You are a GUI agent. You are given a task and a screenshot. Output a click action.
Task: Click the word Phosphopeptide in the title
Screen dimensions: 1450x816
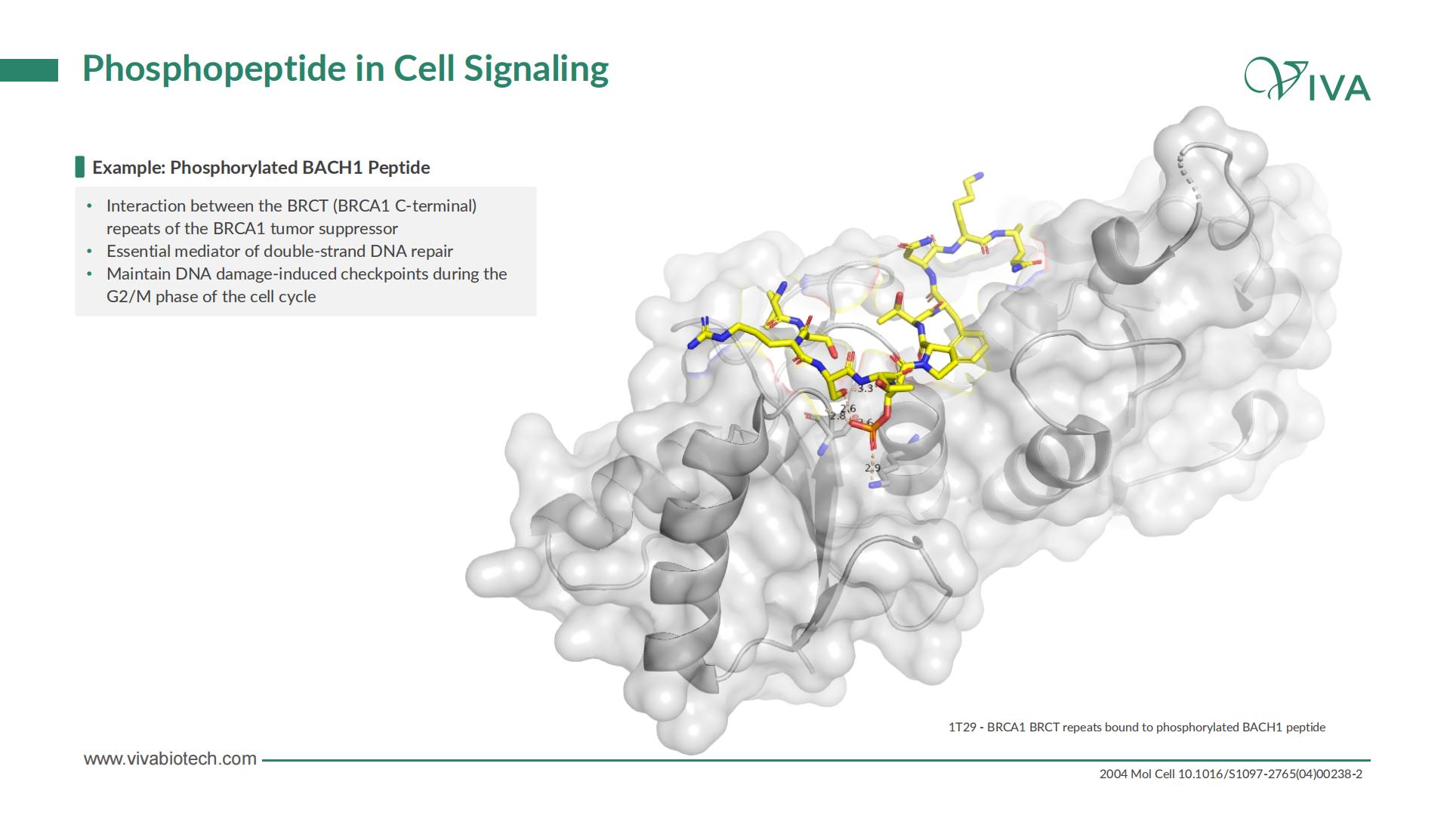(x=214, y=69)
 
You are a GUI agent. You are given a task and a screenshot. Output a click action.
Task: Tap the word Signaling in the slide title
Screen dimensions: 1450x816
(x=536, y=69)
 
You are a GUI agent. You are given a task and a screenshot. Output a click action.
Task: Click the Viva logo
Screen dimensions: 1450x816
(x=1307, y=80)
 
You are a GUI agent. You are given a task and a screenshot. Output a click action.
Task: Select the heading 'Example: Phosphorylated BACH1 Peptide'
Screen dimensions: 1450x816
(x=261, y=168)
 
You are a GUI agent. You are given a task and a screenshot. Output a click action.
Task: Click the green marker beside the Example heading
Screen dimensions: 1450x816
(x=80, y=167)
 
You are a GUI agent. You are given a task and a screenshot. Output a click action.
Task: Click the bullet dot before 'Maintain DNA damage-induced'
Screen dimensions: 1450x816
(x=90, y=274)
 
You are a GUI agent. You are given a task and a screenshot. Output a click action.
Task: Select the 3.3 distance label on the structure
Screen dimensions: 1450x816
(x=865, y=388)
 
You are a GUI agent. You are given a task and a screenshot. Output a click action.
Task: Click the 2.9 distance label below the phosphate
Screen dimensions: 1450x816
(x=873, y=468)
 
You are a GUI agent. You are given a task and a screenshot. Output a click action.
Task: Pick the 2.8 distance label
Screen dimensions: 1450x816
(x=838, y=416)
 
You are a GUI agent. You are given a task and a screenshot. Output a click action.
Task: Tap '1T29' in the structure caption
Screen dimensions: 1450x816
(x=962, y=727)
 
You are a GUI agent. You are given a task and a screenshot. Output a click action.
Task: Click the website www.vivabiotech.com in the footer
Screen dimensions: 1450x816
(x=170, y=759)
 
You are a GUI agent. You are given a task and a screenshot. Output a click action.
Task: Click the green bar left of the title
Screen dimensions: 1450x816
(x=29, y=70)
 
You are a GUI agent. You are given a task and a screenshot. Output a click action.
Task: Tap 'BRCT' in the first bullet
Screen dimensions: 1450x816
(x=307, y=206)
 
